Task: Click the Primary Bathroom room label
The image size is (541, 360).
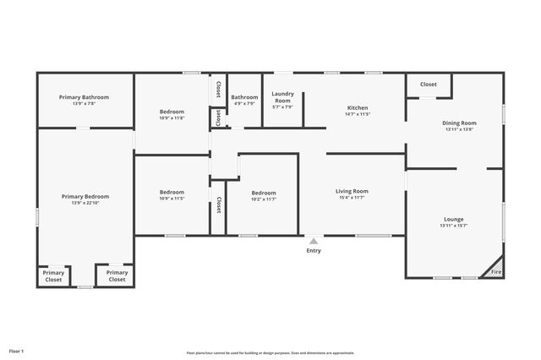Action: [x=84, y=97]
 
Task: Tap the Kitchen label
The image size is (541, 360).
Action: [x=358, y=107]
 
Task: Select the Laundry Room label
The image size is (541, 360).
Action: [x=281, y=96]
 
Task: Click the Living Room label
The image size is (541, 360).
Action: [x=352, y=191]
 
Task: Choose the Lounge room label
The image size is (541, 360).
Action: [x=453, y=219]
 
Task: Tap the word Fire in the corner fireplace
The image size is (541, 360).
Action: [x=496, y=272]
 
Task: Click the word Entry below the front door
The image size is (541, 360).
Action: [x=314, y=250]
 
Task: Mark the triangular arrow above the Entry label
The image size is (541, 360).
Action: [x=314, y=241]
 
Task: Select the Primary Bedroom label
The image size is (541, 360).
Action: [x=85, y=196]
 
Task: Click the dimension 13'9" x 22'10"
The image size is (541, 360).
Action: [x=85, y=203]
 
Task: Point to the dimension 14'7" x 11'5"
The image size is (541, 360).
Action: [x=358, y=114]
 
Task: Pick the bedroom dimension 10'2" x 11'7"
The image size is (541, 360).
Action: [x=264, y=199]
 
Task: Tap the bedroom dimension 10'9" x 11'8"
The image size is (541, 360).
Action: [x=172, y=117]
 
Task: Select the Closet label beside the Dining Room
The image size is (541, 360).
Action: [x=429, y=85]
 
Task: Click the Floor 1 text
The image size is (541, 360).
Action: [x=17, y=350]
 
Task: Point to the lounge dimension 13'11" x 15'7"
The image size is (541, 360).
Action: [x=453, y=226]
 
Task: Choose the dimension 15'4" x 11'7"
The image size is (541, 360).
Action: [x=352, y=198]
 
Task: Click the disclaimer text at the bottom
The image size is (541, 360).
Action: [x=270, y=352]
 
